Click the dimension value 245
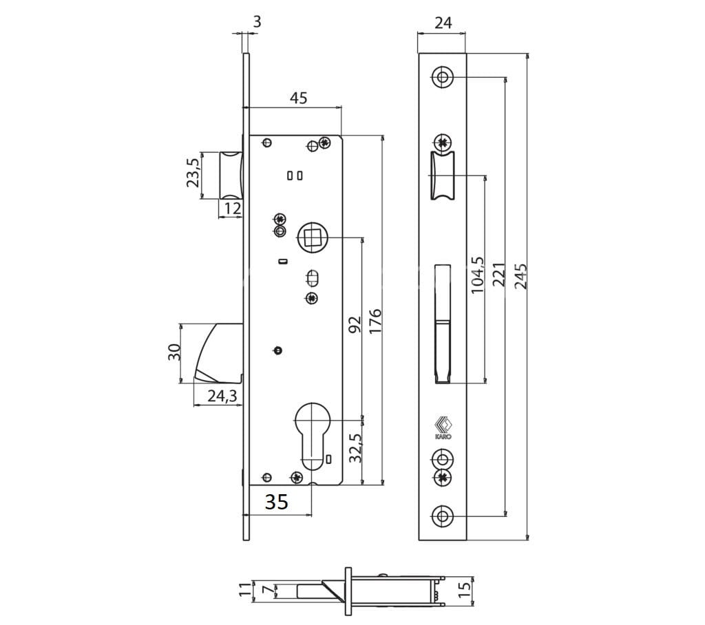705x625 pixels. point(521,275)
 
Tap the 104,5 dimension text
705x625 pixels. point(478,275)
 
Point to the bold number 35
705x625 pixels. point(276,502)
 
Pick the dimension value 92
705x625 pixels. point(354,326)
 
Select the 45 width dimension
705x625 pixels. point(297,98)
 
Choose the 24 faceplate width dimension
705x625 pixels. point(443,23)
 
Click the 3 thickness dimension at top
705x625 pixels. point(257,21)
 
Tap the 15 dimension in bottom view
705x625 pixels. point(463,589)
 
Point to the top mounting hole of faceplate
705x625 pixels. point(442,77)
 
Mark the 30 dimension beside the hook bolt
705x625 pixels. point(174,352)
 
